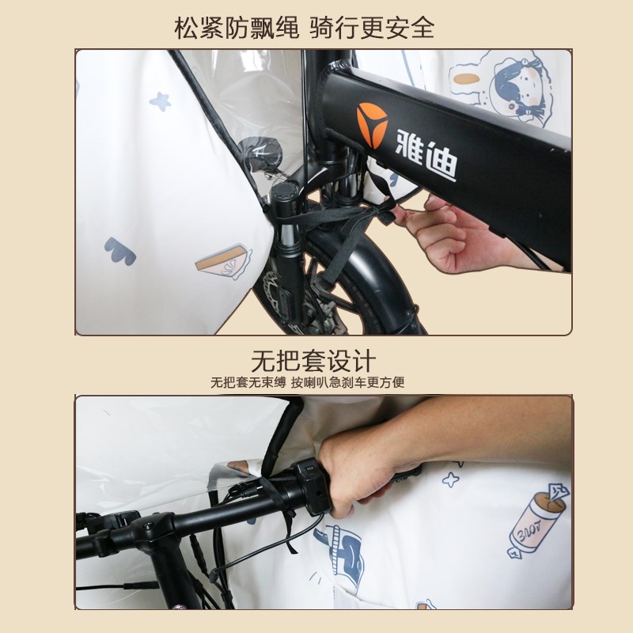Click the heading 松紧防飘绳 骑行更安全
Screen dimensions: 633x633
click(x=305, y=28)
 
